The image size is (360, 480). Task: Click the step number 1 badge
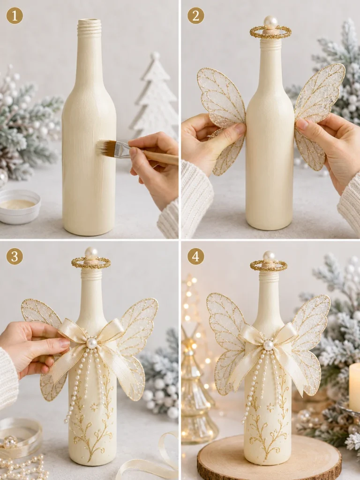pos(15,15)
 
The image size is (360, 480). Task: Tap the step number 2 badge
pos(195,15)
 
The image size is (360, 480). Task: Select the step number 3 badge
pos(15,256)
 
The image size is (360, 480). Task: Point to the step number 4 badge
pos(195,256)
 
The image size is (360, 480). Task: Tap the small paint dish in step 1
pos(20,207)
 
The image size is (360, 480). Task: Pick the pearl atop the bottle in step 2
pos(270,22)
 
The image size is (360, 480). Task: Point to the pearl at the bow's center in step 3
pos(91,343)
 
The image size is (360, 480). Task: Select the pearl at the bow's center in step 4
pos(269,345)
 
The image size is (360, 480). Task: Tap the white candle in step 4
pos(354,387)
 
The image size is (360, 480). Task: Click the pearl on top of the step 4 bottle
pos(269,256)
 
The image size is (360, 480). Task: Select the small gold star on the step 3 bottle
pos(93,407)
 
